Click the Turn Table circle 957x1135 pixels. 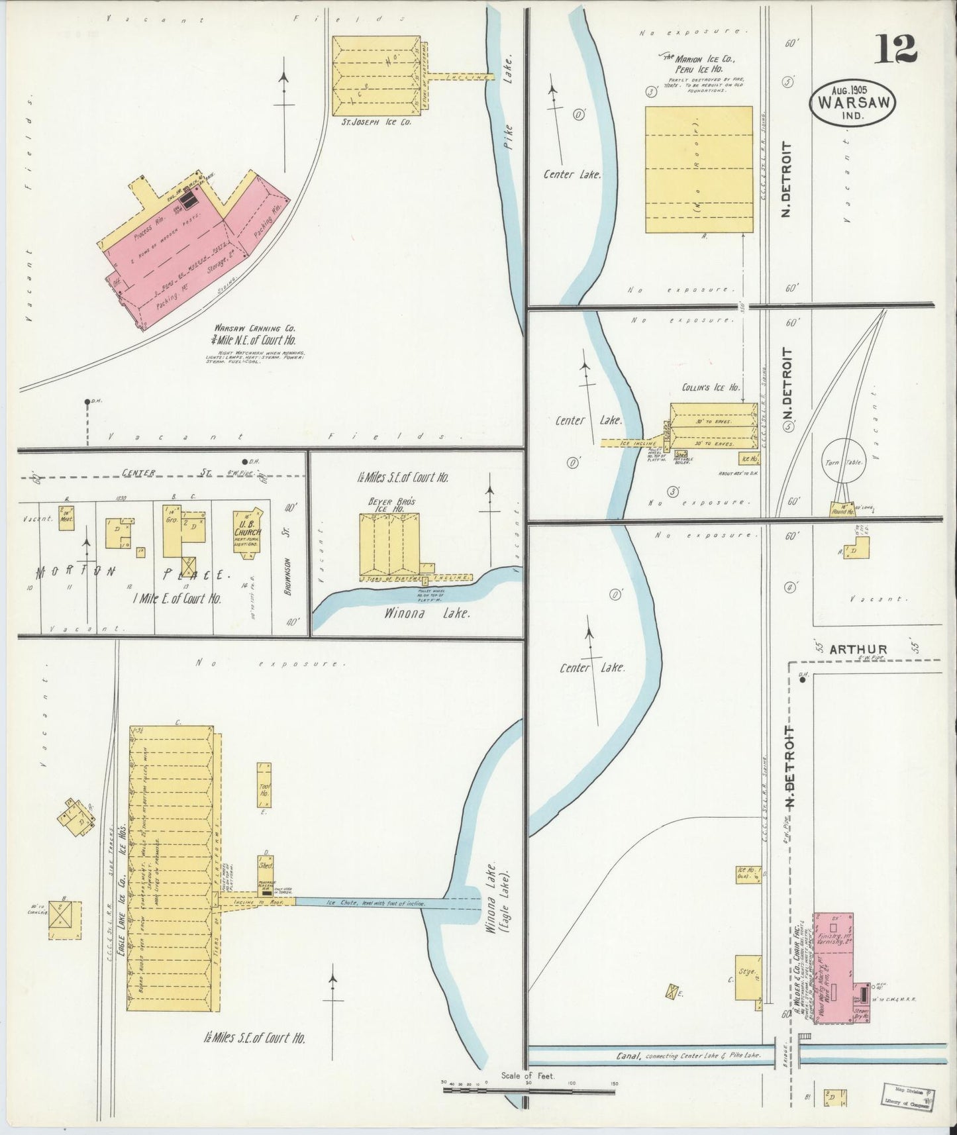click(x=843, y=462)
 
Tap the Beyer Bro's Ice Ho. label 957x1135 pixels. click(x=391, y=506)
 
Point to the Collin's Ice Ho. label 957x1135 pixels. click(x=711, y=388)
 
